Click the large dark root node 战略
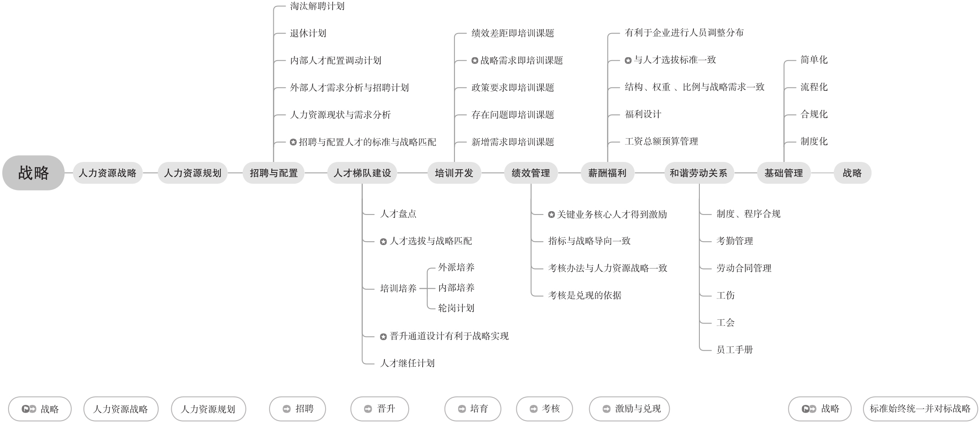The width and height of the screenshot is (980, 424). [x=33, y=173]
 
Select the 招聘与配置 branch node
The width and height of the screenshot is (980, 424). [x=273, y=173]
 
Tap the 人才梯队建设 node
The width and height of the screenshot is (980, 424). [x=362, y=173]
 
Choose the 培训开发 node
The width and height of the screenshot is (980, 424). [x=454, y=173]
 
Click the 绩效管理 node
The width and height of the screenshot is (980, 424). [x=531, y=173]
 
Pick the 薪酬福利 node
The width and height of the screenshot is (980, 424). [x=607, y=173]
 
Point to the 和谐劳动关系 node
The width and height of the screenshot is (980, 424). [x=699, y=173]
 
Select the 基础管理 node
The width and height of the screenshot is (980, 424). [x=783, y=173]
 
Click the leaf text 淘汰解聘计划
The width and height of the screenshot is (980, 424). [x=317, y=6]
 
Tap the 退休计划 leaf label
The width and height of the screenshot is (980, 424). [x=308, y=33]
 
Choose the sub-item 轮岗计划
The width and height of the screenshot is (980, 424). [x=456, y=308]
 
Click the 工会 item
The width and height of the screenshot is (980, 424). [x=725, y=323]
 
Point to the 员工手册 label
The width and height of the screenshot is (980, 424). [x=735, y=350]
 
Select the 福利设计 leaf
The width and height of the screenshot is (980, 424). [x=643, y=114]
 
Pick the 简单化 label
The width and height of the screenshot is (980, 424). [x=814, y=60]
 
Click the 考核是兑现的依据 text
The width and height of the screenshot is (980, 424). [x=585, y=296]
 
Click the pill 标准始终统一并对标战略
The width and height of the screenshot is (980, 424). [x=920, y=409]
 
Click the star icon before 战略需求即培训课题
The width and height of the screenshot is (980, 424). [x=475, y=61]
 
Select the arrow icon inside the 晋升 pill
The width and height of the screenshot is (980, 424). [x=368, y=409]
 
